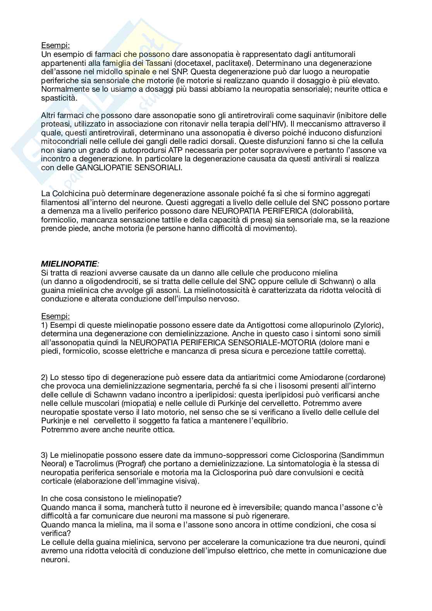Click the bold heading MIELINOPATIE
point(69,264)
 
